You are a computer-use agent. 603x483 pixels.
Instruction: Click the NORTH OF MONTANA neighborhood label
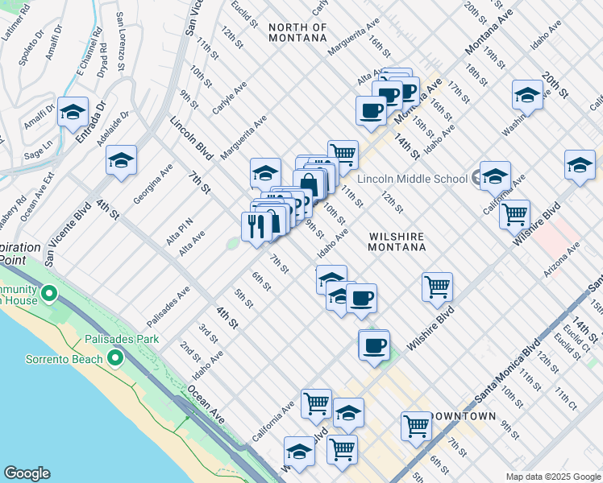pyautogui.click(x=297, y=32)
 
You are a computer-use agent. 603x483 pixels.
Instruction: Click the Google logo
pyautogui.click(x=27, y=473)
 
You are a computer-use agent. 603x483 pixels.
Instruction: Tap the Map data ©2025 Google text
pyautogui.click(x=553, y=477)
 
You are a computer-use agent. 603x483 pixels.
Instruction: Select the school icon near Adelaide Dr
pyautogui.click(x=121, y=161)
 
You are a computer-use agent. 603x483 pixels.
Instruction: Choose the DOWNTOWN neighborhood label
pyautogui.click(x=464, y=416)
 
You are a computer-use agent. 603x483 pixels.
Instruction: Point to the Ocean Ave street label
pyautogui.click(x=206, y=405)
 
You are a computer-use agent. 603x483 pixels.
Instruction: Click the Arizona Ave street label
pyautogui.click(x=562, y=260)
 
